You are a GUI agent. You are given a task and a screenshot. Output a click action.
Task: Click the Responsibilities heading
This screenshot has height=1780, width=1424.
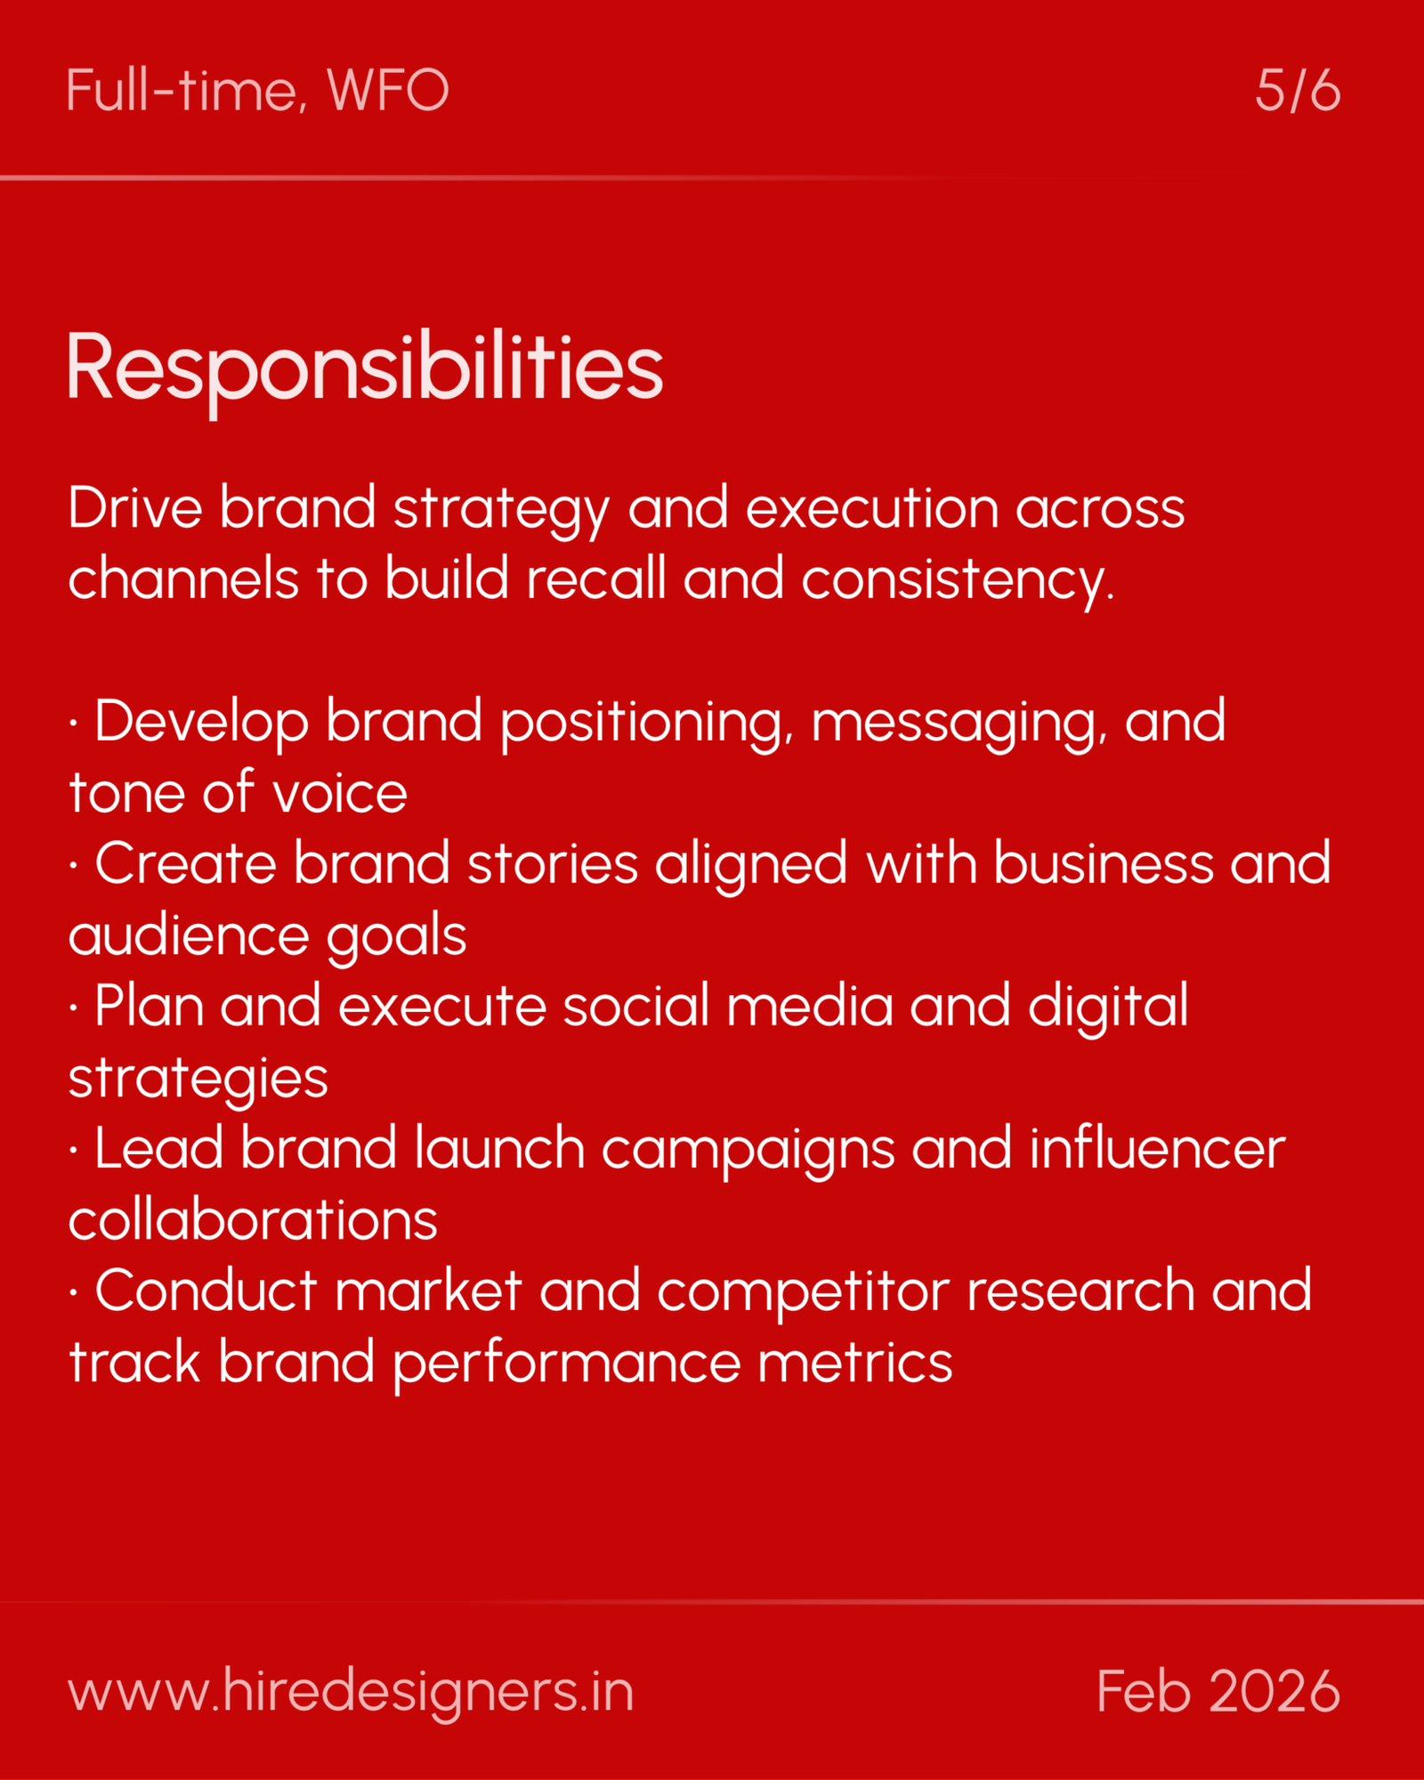(365, 368)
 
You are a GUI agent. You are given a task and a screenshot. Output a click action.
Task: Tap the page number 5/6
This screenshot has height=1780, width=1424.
(1297, 91)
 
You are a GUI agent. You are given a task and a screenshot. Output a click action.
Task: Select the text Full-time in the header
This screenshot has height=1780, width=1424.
(182, 91)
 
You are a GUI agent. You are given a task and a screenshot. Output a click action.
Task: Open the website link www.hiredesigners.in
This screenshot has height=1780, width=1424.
(351, 1691)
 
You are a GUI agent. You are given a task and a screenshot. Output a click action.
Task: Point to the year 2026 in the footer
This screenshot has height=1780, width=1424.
(1274, 1691)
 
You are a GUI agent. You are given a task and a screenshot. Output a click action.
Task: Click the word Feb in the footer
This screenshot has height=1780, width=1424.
(1143, 1691)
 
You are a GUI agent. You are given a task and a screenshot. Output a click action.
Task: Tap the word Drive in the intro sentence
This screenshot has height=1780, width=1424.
(135, 508)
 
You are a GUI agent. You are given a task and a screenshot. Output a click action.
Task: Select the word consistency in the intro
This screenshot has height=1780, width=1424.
(957, 579)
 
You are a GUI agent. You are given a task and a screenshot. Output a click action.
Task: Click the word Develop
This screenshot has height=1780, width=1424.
(201, 722)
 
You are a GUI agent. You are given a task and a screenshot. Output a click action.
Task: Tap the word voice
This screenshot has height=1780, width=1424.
(340, 793)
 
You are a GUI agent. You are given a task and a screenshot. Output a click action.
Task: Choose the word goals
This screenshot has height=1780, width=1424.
(396, 935)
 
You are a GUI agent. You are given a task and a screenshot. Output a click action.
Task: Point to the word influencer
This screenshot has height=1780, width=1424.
(1157, 1149)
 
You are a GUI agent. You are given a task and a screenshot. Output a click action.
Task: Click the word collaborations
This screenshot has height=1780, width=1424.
(253, 1220)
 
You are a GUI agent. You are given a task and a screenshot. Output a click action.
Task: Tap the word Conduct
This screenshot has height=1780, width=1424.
(206, 1291)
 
